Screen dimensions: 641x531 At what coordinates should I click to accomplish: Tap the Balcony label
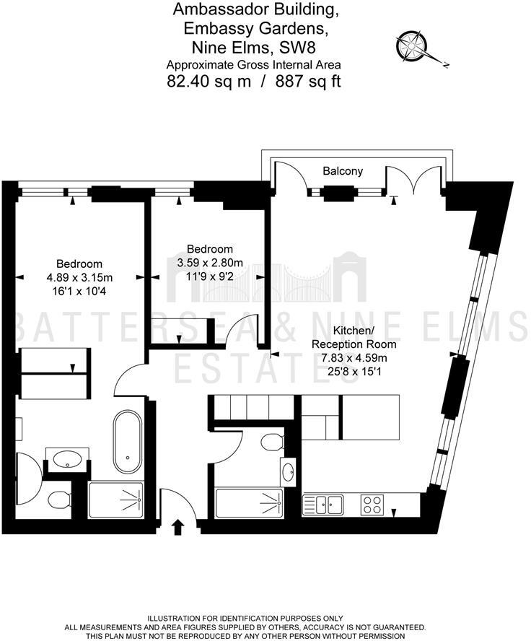click(342, 172)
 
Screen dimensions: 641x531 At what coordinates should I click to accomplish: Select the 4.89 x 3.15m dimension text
click(79, 277)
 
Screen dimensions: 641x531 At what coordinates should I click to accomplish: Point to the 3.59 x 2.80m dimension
click(210, 262)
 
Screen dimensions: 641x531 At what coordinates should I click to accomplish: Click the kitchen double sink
click(329, 503)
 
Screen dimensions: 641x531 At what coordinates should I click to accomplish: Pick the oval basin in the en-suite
click(67, 458)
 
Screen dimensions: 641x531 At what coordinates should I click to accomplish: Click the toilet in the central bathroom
click(272, 441)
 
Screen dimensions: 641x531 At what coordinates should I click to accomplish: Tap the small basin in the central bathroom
click(289, 473)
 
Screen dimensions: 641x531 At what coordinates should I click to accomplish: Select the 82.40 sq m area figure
click(209, 81)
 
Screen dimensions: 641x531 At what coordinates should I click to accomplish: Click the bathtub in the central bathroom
click(250, 500)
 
